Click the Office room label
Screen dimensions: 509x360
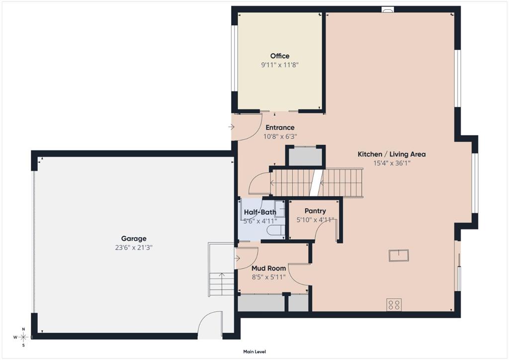click(280, 56)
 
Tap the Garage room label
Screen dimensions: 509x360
click(134, 239)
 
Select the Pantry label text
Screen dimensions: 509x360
click(315, 211)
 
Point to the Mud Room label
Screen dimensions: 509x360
click(269, 269)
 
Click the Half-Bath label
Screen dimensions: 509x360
click(260, 212)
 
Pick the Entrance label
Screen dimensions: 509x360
click(280, 128)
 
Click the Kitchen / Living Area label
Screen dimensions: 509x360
click(392, 154)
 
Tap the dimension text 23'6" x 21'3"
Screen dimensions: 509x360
click(134, 248)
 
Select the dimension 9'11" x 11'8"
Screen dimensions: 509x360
click(280, 65)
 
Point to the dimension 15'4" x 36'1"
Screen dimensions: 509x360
click(392, 163)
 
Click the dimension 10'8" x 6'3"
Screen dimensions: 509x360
click(280, 137)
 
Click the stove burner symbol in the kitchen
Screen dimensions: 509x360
click(394, 305)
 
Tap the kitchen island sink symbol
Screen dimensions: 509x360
click(399, 256)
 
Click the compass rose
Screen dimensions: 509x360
click(23, 337)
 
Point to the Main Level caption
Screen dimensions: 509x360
click(254, 352)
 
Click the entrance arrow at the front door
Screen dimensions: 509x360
click(232, 127)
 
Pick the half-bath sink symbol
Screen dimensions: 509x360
click(279, 208)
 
